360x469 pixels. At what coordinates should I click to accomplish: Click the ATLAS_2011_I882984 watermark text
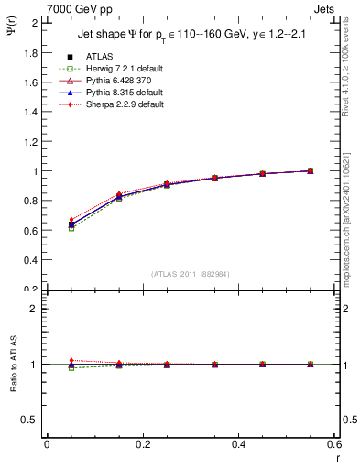[191, 274]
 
